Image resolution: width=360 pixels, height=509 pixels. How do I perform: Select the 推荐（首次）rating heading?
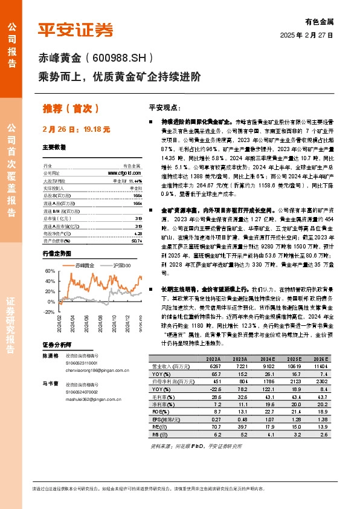click(71, 108)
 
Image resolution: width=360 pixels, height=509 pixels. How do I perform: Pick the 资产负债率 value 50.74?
click(137, 223)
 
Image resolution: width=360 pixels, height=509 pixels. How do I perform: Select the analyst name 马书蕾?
click(49, 383)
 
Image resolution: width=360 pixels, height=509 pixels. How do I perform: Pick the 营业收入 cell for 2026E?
click(323, 366)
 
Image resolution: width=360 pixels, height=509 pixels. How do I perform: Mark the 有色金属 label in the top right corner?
click(320, 21)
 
